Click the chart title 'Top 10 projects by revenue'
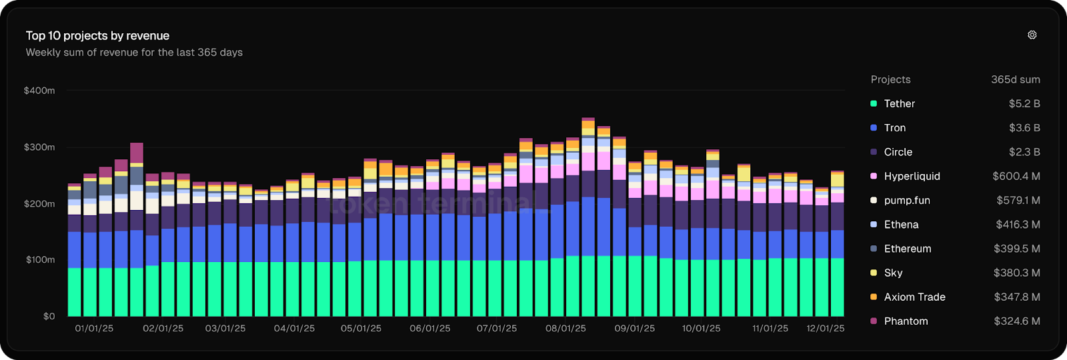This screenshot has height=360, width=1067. [x=97, y=36]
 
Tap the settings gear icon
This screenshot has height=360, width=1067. [x=1032, y=35]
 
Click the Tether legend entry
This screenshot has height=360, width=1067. [x=899, y=104]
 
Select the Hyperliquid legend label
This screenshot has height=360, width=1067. [x=912, y=177]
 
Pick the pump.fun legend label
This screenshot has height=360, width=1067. [x=906, y=201]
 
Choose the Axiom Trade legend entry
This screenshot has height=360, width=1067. [x=914, y=297]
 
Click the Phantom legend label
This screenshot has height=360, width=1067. [x=906, y=321]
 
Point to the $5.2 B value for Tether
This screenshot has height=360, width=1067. [x=1024, y=104]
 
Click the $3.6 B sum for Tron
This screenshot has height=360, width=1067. [x=1024, y=128]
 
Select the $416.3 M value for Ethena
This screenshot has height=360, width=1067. [x=1018, y=225]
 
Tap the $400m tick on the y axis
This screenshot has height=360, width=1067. [x=39, y=91]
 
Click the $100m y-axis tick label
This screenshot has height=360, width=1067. [x=40, y=260]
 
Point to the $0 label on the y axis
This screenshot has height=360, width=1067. [x=49, y=317]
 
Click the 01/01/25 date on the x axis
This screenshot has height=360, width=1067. [x=94, y=329]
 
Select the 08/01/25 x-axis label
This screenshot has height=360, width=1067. [x=566, y=329]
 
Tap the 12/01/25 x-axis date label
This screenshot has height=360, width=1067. [x=825, y=329]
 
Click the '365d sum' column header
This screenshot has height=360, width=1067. [x=1015, y=80]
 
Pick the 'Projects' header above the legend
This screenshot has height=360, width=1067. [x=890, y=80]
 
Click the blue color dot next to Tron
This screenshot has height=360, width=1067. [x=874, y=128]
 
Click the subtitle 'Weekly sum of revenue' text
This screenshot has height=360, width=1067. [x=134, y=53]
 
